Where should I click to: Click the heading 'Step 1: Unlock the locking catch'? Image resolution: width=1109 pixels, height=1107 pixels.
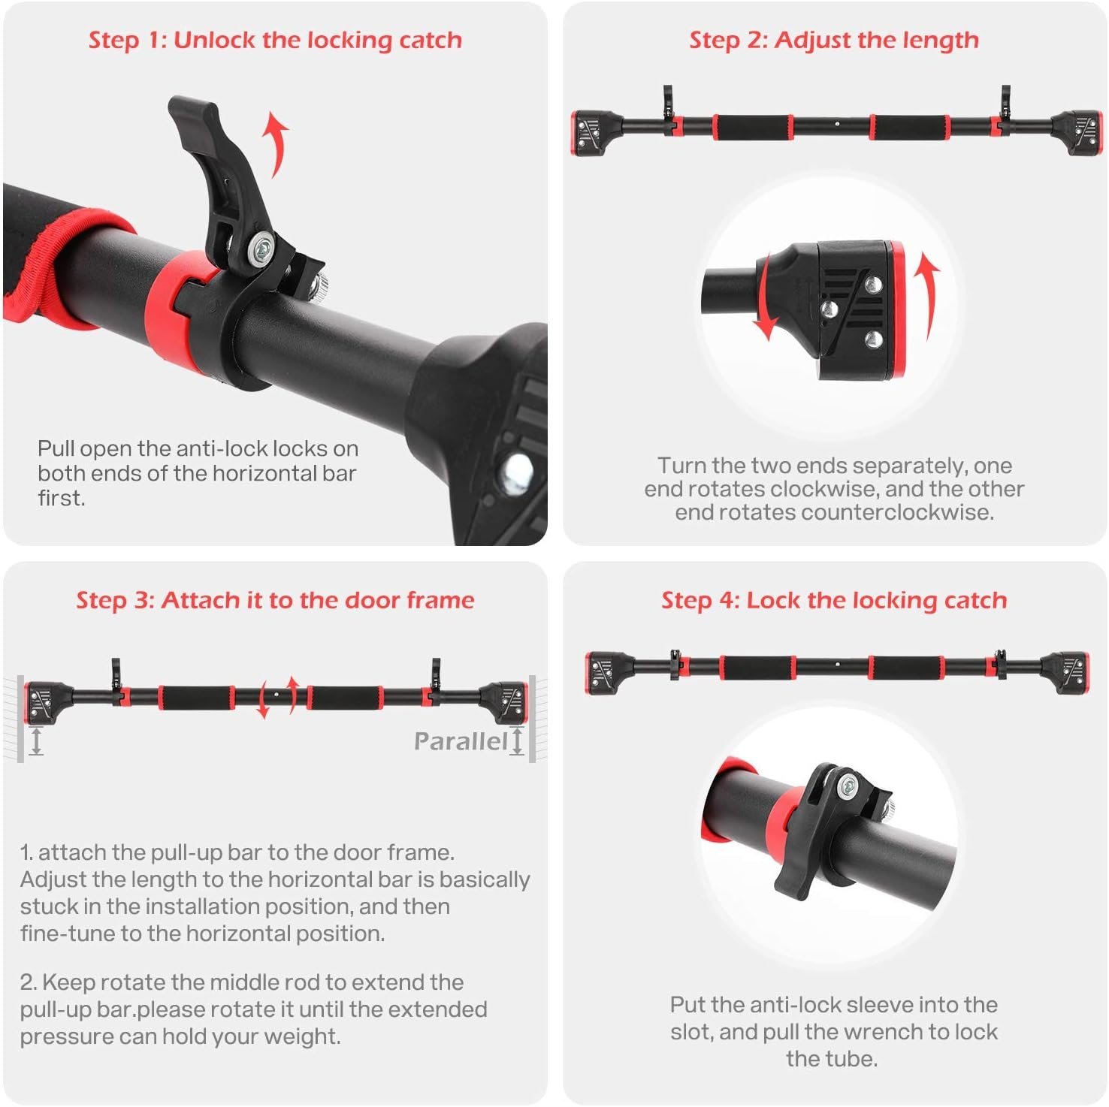(275, 40)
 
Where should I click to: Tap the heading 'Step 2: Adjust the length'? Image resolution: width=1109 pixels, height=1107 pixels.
(834, 40)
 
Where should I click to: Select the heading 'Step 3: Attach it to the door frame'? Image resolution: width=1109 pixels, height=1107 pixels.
(275, 600)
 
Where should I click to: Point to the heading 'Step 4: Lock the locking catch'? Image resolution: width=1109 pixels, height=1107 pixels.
(834, 600)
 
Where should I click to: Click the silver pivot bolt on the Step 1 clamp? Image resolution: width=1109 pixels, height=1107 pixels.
(261, 245)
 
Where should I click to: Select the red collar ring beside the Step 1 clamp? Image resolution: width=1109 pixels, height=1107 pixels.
(174, 315)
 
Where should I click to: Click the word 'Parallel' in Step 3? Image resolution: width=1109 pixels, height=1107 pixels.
(461, 741)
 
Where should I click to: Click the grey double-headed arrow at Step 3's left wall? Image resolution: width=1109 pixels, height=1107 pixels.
(36, 741)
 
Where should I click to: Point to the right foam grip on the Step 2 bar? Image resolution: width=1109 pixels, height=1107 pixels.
(909, 127)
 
